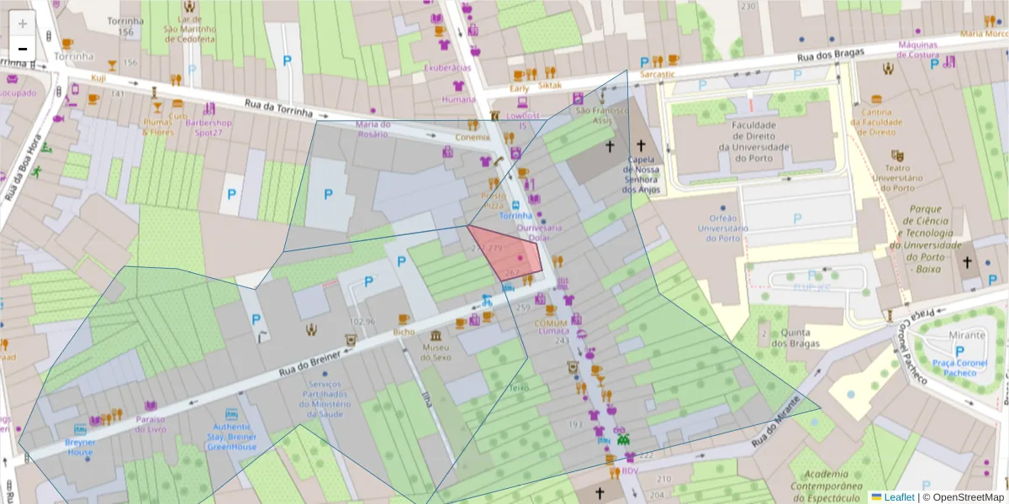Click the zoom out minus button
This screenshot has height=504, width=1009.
[23, 49]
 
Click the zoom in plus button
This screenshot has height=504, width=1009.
[23, 24]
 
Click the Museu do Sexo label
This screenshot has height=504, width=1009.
[436, 352]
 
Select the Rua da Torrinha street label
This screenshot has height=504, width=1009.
[278, 108]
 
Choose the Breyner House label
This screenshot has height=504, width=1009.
[81, 447]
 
